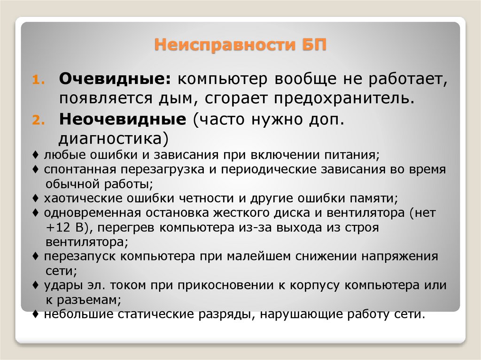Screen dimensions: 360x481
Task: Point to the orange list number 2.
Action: point(37,121)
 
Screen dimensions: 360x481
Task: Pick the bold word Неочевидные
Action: point(122,119)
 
